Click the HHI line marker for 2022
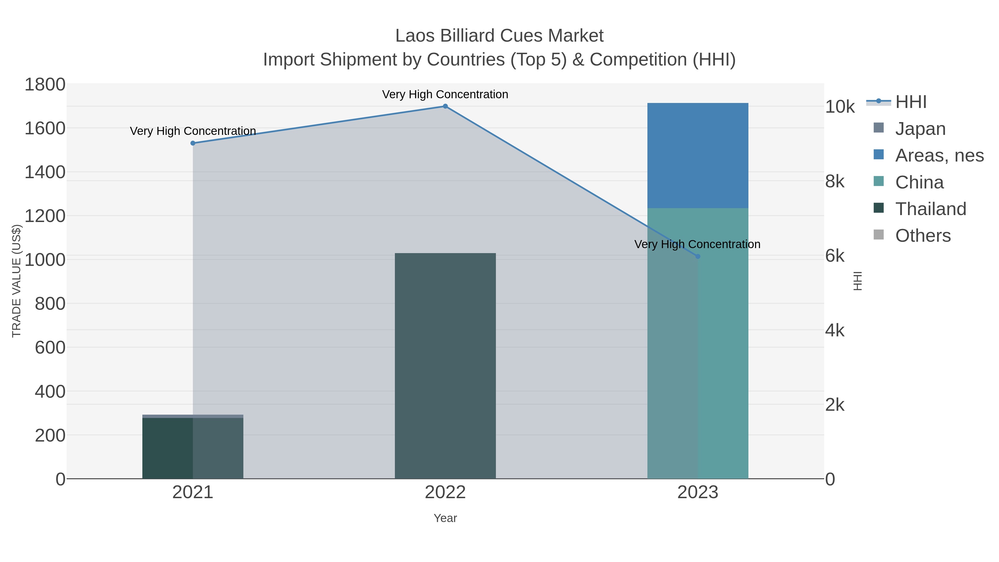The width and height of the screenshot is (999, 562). (445, 106)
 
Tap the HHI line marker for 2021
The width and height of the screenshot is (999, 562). (193, 143)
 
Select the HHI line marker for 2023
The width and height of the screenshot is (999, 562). (698, 256)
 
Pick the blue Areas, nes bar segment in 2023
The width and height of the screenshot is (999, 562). (698, 155)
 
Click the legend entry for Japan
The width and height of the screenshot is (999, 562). (920, 129)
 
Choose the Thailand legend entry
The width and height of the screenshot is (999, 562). (930, 209)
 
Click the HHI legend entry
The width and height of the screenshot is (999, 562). (910, 102)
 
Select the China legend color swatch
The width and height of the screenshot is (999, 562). (878, 181)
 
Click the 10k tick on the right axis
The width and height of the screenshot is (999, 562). (840, 107)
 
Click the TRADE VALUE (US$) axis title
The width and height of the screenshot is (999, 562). (17, 281)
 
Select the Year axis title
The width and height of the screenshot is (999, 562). (445, 518)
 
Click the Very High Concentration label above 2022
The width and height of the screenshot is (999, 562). (445, 94)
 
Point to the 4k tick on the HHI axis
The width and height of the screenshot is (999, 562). (834, 331)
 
